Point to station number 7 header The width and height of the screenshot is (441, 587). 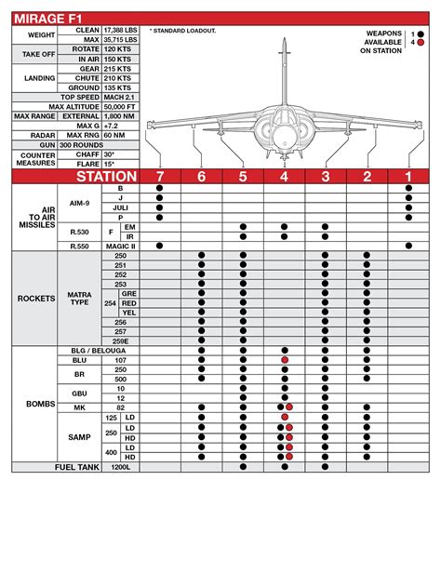pyautogui.click(x=160, y=177)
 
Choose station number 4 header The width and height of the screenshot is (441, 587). pyautogui.click(x=284, y=177)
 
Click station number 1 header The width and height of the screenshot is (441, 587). pyautogui.click(x=408, y=177)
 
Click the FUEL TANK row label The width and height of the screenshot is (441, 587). pyautogui.click(x=78, y=467)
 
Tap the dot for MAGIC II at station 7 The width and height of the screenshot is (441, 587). pyautogui.click(x=160, y=246)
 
